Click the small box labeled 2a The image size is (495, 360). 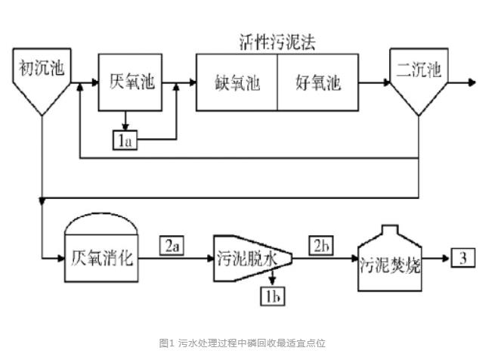tap(172, 245)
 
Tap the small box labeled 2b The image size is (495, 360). tap(321, 245)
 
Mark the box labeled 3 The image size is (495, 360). tap(464, 259)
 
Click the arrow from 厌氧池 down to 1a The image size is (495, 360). tap(125, 122)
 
